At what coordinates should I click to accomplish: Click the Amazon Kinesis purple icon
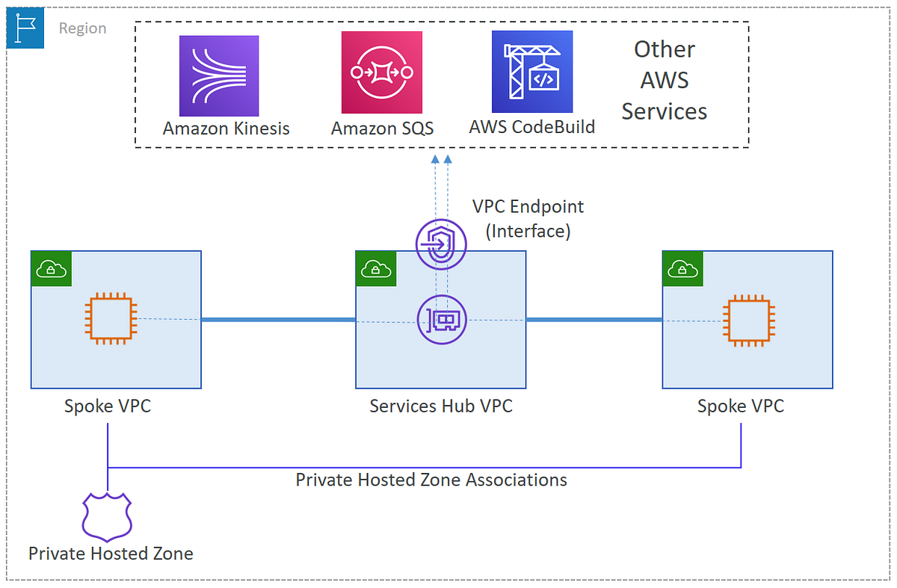(220, 76)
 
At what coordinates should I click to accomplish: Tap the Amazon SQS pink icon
(382, 72)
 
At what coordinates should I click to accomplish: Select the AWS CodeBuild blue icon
(531, 72)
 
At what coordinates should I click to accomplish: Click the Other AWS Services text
(664, 81)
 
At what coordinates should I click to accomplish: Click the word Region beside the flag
(82, 29)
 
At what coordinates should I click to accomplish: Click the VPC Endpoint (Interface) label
(528, 218)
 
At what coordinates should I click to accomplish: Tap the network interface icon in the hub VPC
(441, 320)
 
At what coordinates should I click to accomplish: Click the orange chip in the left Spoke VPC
(111, 319)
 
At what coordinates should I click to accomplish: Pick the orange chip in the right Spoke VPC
(748, 322)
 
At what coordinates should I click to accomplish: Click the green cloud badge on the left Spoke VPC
(50, 269)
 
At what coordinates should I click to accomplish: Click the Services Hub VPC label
(441, 406)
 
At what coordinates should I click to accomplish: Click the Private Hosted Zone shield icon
(110, 516)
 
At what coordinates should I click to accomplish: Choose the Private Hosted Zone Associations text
(431, 479)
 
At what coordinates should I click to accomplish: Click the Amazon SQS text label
(382, 129)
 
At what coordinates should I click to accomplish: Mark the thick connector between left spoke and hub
(278, 320)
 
